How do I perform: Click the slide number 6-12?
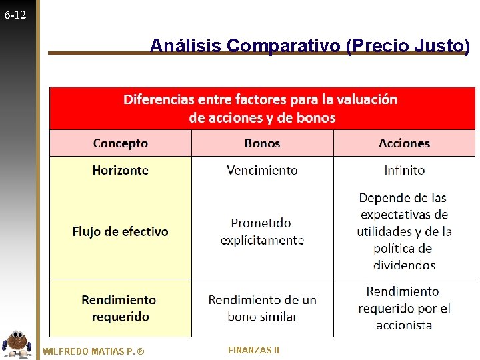pos(15,14)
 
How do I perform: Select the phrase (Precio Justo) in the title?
pos(408,45)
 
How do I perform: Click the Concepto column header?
pos(121,143)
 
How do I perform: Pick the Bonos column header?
pos(263,143)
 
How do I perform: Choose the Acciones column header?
pos(404,143)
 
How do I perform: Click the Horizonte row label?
pos(121,171)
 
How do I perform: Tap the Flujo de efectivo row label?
pos(121,231)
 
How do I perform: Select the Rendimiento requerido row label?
pos(121,308)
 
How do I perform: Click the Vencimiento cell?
pos(263,171)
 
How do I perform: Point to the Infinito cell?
pos(404,171)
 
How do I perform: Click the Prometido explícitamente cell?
pos(263,231)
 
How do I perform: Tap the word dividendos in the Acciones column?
pos(404,265)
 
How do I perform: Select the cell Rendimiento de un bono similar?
pos(263,308)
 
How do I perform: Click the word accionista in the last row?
pos(404,325)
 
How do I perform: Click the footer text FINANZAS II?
pos(253,350)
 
